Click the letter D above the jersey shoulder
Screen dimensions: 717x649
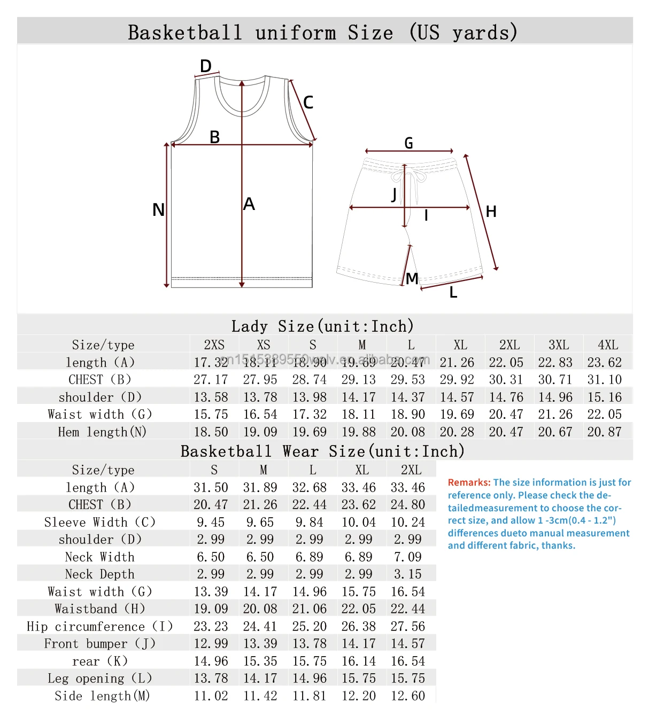click(206, 66)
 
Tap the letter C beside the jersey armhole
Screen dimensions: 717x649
click(308, 102)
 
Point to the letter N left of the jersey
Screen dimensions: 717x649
click(158, 209)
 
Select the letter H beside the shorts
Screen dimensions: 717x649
click(491, 212)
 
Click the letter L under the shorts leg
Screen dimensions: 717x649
click(453, 293)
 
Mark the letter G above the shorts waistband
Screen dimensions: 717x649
click(408, 143)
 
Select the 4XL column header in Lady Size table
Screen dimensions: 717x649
click(608, 345)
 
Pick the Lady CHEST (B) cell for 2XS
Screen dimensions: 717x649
click(211, 380)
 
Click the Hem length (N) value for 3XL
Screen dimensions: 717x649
click(555, 432)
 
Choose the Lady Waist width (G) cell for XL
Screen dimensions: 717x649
click(457, 415)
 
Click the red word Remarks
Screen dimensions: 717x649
click(469, 482)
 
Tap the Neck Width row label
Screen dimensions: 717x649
click(100, 557)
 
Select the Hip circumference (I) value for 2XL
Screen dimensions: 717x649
click(407, 627)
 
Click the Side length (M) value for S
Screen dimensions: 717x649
click(211, 696)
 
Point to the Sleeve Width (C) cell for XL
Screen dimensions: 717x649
click(358, 523)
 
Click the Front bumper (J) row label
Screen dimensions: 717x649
click(100, 644)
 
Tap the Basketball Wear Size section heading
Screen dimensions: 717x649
click(322, 451)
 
